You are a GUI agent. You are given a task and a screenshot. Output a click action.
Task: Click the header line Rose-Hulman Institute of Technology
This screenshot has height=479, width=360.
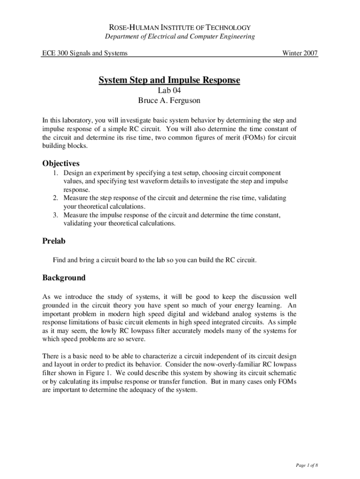[x=180, y=28]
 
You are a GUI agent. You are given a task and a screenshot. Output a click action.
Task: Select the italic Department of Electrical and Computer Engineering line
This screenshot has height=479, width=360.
[x=180, y=37]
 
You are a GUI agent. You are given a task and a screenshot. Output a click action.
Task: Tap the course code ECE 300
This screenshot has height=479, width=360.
[x=55, y=53]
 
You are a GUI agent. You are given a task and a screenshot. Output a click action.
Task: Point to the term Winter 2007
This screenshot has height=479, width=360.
[x=300, y=53]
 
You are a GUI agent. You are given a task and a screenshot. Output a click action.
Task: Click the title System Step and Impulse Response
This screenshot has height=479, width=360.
[x=169, y=81]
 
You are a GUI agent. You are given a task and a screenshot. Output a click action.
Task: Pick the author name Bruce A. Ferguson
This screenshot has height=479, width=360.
[x=169, y=100]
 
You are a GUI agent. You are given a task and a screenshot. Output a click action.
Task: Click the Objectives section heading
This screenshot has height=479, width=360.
[x=61, y=164]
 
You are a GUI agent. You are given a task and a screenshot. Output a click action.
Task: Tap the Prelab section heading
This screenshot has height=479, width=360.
[x=54, y=241]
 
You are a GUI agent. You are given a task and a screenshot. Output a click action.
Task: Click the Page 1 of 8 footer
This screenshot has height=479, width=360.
[x=306, y=466]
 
